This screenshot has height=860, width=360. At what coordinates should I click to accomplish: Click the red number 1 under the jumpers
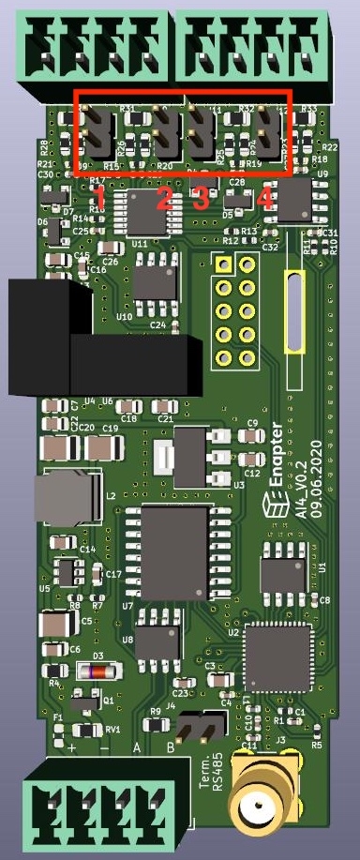pos(100,197)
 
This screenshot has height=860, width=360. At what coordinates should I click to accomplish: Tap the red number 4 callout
pos(265,198)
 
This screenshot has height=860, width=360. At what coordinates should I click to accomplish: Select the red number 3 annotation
pos(200,198)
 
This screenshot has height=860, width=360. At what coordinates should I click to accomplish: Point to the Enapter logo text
pos(276,485)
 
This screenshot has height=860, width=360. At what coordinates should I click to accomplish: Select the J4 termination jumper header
pos(199,726)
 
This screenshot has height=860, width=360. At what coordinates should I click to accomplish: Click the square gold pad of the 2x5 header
pos(223,265)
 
